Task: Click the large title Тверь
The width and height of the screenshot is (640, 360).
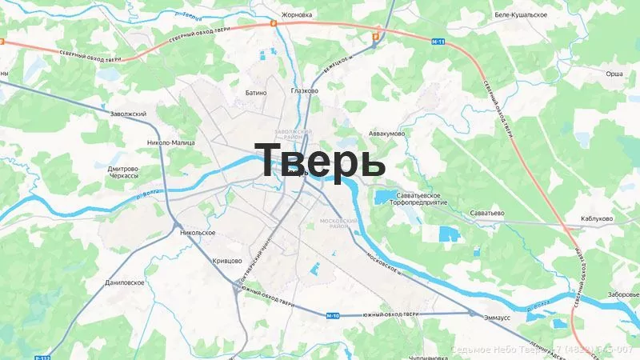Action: tap(320, 160)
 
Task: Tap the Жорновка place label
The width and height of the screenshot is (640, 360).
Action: tap(297, 14)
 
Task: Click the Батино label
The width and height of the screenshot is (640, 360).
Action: tap(255, 93)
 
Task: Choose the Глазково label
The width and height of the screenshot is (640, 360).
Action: tap(305, 90)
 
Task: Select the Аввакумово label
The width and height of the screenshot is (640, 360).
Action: tap(386, 133)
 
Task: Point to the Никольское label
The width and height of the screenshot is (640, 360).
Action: tap(198, 232)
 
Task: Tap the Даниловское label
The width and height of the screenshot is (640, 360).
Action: tap(124, 282)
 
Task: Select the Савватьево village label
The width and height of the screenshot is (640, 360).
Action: tap(486, 214)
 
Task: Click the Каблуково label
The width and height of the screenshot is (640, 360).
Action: tap(597, 218)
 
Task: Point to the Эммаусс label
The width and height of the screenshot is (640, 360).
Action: tap(497, 316)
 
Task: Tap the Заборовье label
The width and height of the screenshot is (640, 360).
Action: tap(622, 294)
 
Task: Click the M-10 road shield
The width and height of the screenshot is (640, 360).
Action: tap(333, 316)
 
